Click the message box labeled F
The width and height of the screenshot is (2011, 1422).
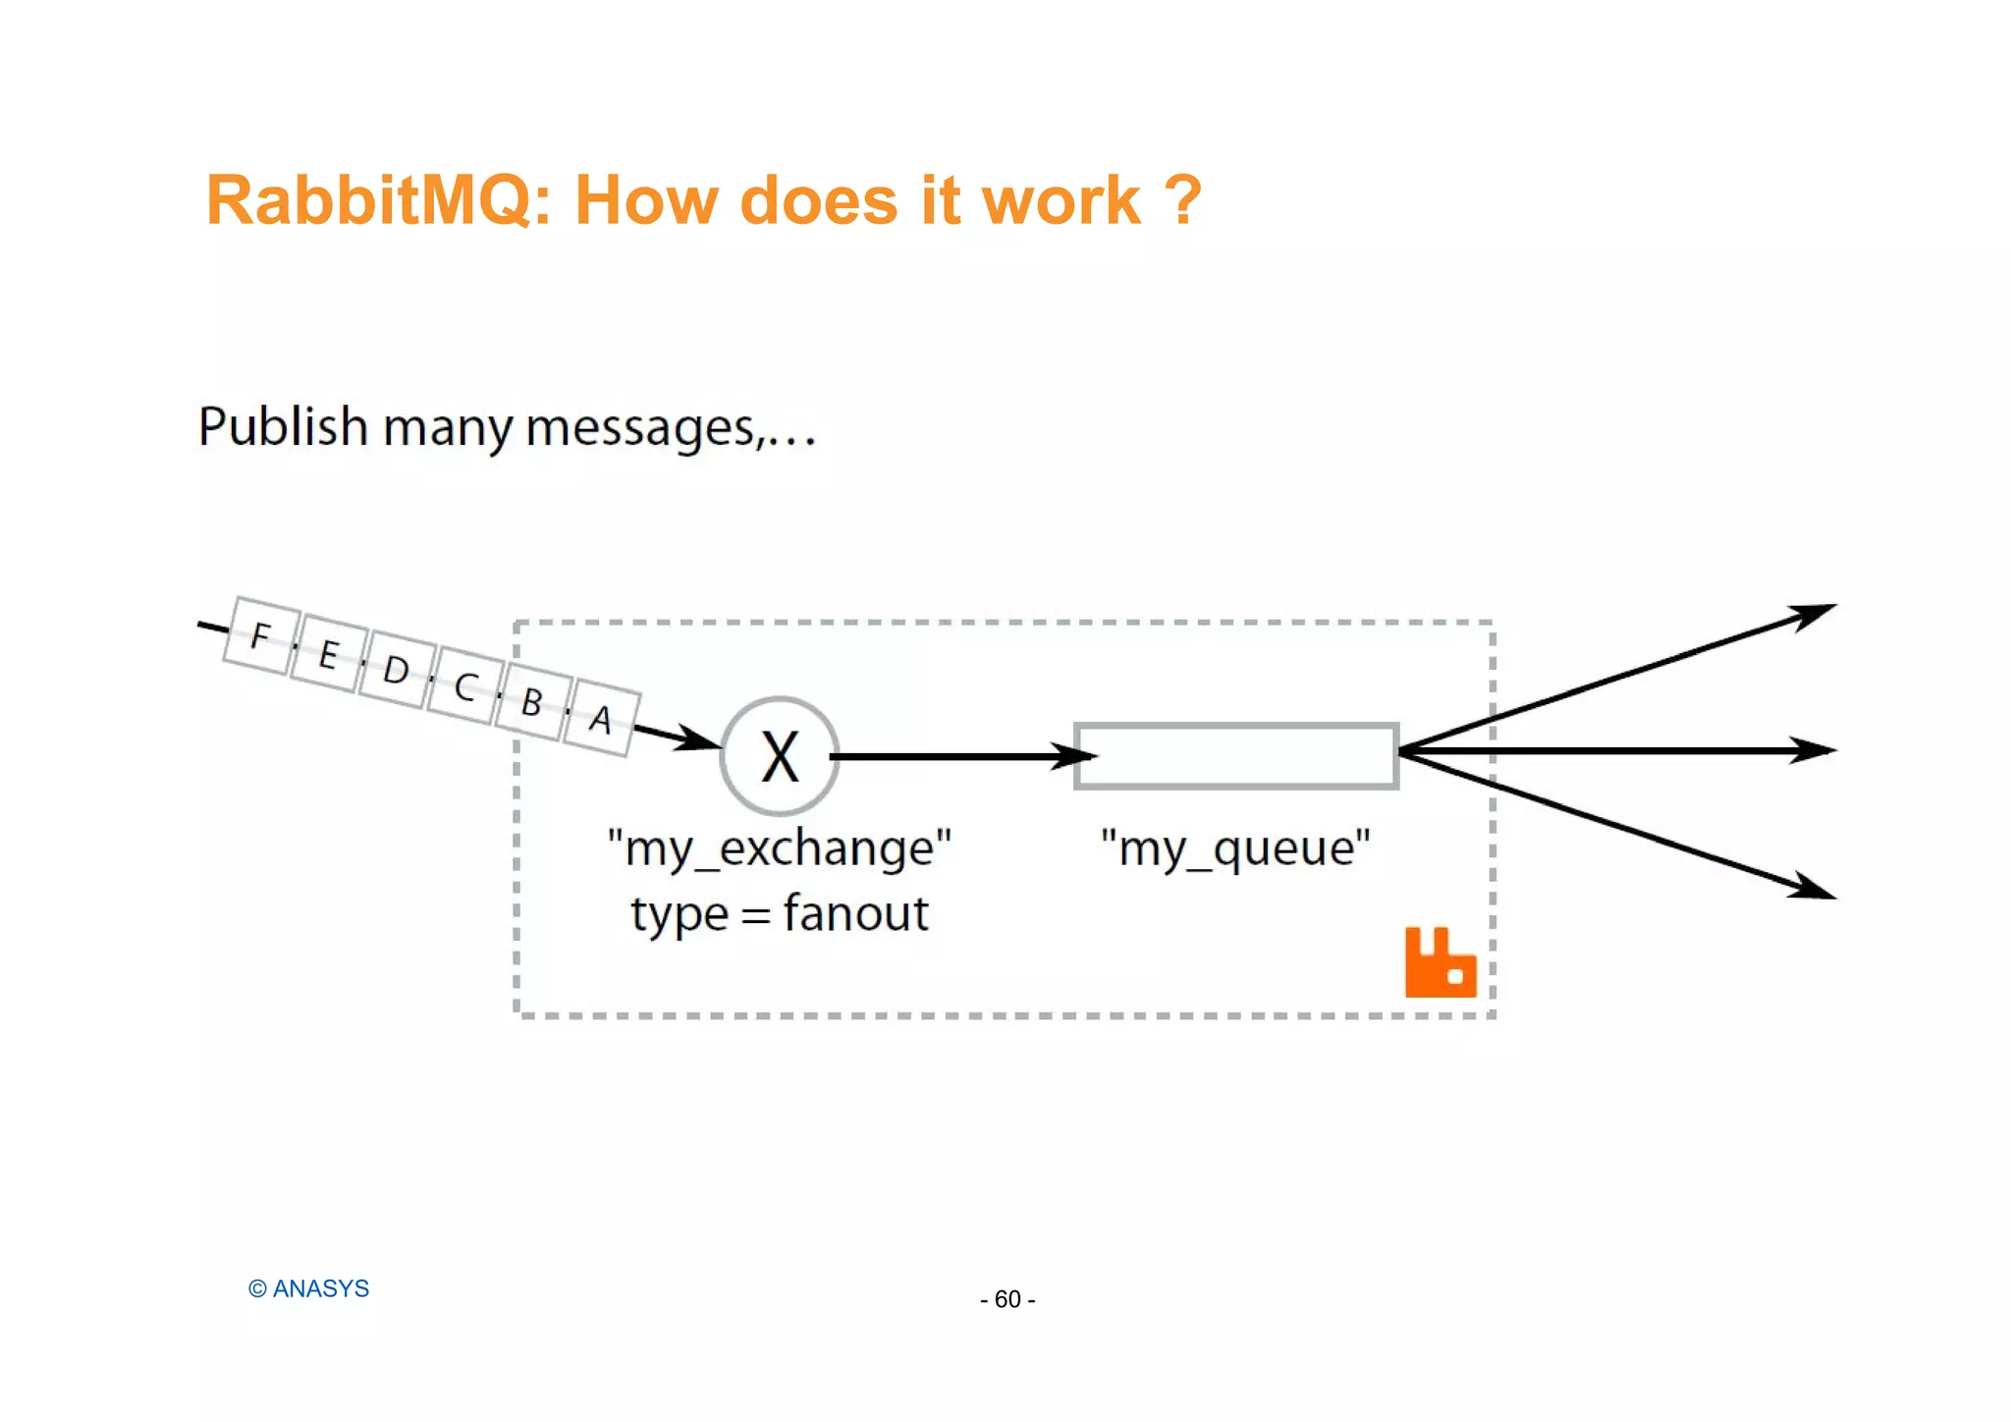tap(261, 636)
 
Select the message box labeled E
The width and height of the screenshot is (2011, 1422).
tap(329, 654)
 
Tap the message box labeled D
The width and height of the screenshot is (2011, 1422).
tap(397, 671)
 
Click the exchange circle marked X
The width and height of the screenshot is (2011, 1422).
tap(780, 756)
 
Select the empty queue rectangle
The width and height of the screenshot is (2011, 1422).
tap(1236, 756)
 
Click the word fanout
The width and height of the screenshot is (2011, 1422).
tap(855, 914)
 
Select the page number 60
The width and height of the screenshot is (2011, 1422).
tap(1007, 1299)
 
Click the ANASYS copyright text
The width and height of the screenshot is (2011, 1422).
tap(309, 1288)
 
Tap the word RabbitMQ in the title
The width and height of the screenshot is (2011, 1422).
tap(379, 201)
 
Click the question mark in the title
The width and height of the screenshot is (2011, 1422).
tap(1182, 201)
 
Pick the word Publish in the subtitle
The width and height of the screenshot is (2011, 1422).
tap(283, 427)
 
